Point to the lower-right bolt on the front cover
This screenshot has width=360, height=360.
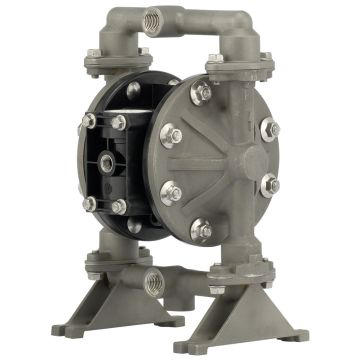269,185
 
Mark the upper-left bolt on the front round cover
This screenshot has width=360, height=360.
173,133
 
